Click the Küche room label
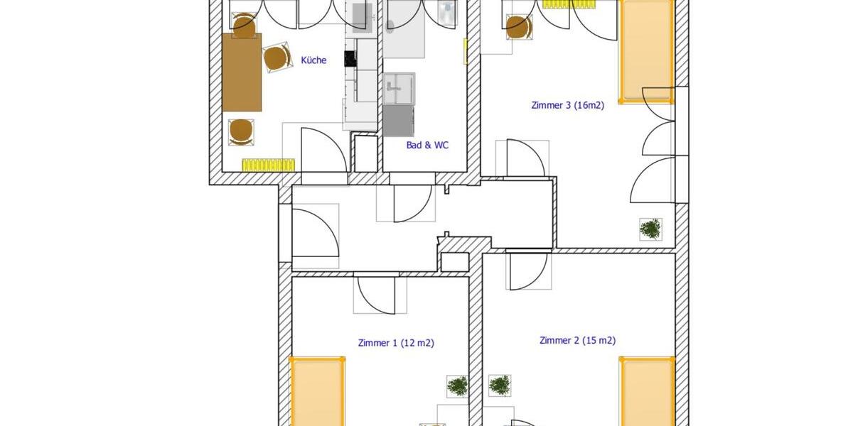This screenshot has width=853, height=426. (313, 60)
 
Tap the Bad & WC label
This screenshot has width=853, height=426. (427, 145)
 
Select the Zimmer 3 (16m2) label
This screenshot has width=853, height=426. (567, 105)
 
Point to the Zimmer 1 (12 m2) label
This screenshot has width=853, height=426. (396, 343)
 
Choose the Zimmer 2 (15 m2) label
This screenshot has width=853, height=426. (577, 340)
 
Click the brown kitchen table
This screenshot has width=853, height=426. (242, 72)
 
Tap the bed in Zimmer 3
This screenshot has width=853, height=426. (645, 51)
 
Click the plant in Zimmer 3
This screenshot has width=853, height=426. (650, 229)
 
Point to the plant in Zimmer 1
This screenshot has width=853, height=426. (457, 386)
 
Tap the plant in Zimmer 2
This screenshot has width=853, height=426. (500, 386)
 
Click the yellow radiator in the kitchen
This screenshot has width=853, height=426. (269, 165)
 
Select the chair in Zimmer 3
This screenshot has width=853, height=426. (518, 27)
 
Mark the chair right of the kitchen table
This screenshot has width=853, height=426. (276, 58)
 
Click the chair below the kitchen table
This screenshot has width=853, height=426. (241, 131)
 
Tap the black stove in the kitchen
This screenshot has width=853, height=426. (350, 59)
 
